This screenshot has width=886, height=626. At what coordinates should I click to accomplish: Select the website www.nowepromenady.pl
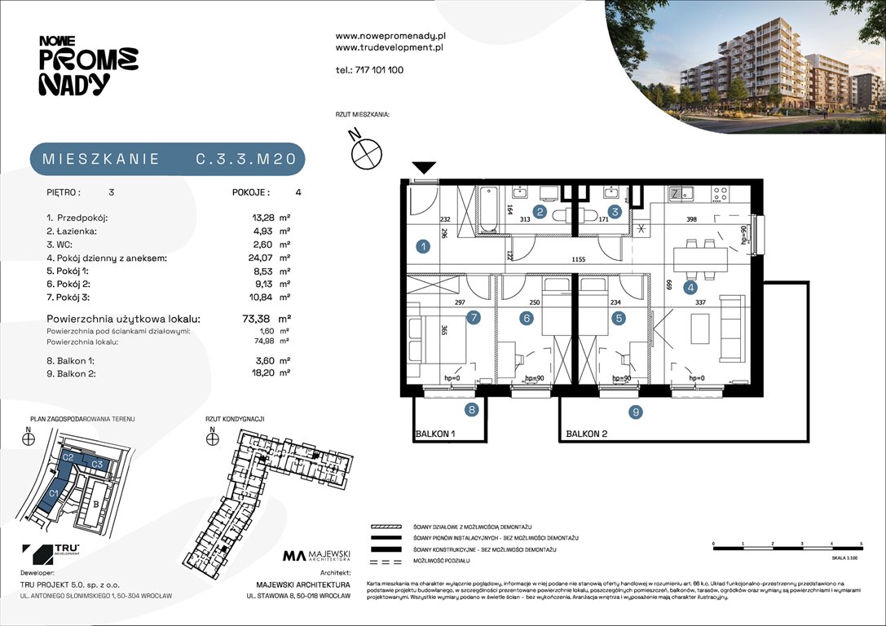click(x=390, y=36)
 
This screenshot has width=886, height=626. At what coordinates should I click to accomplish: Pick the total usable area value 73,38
click(x=264, y=320)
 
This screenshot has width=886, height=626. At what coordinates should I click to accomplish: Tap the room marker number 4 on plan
click(x=690, y=287)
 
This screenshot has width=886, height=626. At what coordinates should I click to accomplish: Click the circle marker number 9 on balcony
click(x=635, y=412)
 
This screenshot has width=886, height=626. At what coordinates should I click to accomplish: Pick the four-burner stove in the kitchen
click(x=720, y=195)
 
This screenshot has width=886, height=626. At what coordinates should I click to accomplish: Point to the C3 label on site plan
click(x=96, y=465)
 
